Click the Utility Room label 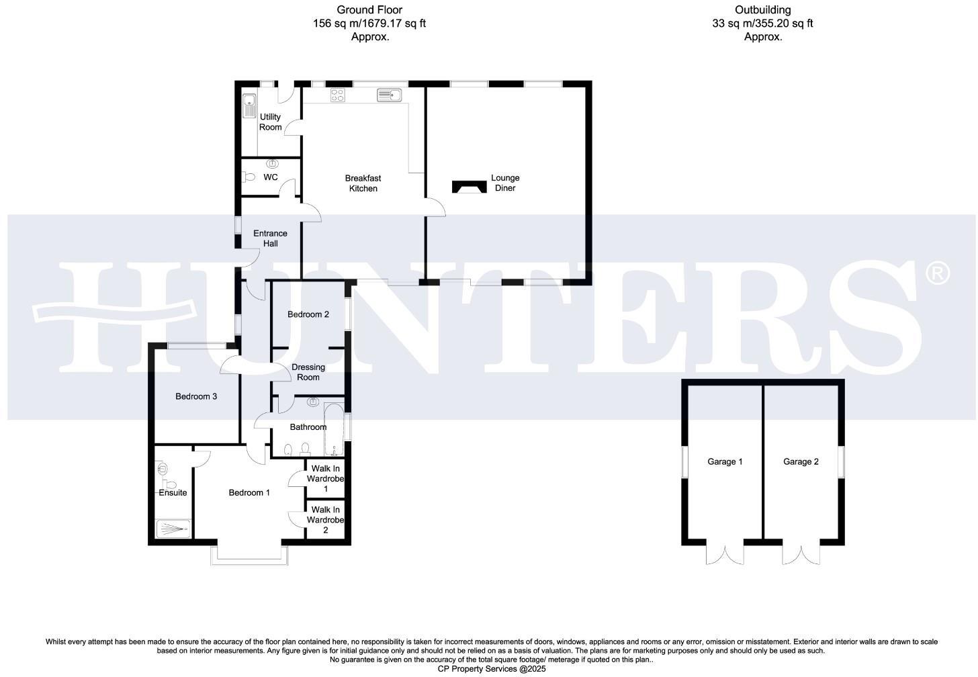click(270, 122)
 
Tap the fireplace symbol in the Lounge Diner click(469, 187)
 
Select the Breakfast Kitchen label click(363, 183)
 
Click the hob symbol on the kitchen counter click(338, 95)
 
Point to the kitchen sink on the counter click(389, 95)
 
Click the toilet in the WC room click(249, 177)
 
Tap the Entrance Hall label click(270, 238)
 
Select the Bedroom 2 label click(308, 314)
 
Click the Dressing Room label click(308, 372)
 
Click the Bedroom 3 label click(196, 396)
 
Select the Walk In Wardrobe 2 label click(326, 520)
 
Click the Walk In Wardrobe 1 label click(326, 479)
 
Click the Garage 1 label click(725, 461)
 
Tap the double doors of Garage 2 click(801, 555)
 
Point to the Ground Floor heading click(369, 10)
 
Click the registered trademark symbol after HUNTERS click(937, 272)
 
